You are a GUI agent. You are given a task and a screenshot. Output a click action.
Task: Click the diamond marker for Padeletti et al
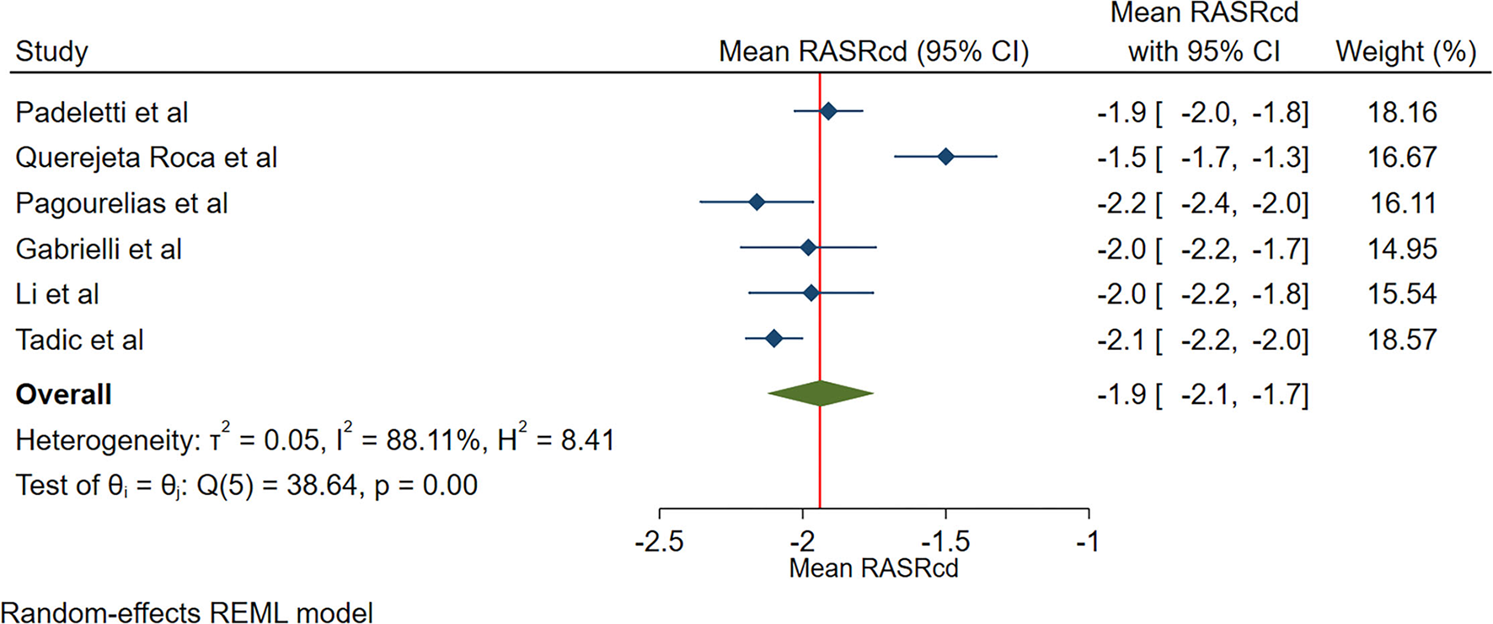[828, 111]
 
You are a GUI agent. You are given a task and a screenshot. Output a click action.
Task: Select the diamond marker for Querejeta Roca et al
[945, 157]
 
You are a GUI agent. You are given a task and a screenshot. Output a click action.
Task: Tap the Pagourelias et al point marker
[757, 202]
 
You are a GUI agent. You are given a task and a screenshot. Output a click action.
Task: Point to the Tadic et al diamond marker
[774, 339]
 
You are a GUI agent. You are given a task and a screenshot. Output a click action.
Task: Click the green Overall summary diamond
[820, 393]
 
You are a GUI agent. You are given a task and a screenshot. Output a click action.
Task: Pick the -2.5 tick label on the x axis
[659, 541]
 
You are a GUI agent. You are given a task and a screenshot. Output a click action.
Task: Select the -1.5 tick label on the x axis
[945, 541]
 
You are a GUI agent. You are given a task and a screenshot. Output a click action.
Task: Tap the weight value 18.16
[1402, 112]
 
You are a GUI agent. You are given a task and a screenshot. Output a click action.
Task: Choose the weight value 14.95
[1402, 249]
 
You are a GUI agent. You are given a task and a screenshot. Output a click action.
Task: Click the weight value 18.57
[1402, 340]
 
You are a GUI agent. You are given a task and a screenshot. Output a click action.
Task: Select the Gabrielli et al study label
[99, 249]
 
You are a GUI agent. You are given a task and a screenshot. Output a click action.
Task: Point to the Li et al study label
[57, 294]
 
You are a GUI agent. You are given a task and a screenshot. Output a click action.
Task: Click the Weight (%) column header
[1405, 51]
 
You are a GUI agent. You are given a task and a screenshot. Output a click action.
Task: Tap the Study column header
[51, 51]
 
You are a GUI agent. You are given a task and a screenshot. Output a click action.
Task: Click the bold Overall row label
[64, 395]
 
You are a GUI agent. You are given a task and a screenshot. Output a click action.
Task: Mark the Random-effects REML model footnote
[187, 612]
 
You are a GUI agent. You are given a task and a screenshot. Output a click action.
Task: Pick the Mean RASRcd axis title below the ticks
[873, 568]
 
